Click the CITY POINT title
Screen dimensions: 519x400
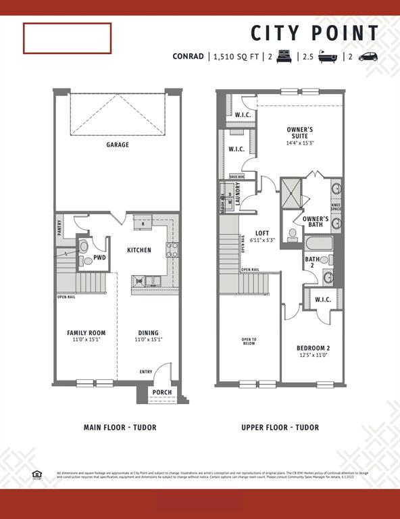(x=315, y=33)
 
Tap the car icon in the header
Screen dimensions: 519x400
(x=368, y=57)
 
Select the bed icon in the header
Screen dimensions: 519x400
(x=284, y=57)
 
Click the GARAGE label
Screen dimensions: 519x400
(x=117, y=145)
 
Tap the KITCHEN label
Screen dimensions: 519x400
(x=139, y=250)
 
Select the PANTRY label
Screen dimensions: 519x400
(x=60, y=228)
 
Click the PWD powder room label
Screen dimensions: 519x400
(x=99, y=257)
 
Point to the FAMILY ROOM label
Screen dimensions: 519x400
(x=86, y=332)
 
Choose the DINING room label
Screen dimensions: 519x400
(x=148, y=332)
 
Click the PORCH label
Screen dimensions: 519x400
(x=161, y=393)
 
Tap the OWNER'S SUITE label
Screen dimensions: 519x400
(x=299, y=132)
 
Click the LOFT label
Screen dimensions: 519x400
(x=261, y=233)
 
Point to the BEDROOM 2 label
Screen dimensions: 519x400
(x=313, y=349)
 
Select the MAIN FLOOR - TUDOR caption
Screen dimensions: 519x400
(x=116, y=427)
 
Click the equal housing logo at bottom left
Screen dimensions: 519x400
(x=37, y=474)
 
